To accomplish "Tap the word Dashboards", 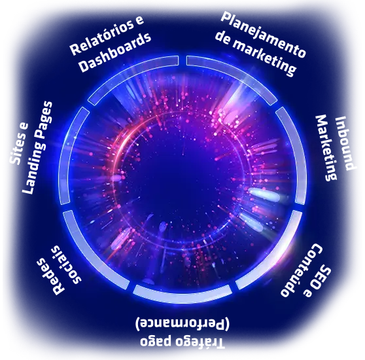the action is [x=114, y=52].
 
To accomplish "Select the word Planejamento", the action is [x=263, y=35].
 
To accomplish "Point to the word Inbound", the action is [x=345, y=143].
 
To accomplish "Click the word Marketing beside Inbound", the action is [x=326, y=147].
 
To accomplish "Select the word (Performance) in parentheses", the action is [x=182, y=323].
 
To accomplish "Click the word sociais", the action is [x=67, y=264].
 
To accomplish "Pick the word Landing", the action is [x=35, y=168].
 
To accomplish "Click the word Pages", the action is [x=45, y=120].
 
